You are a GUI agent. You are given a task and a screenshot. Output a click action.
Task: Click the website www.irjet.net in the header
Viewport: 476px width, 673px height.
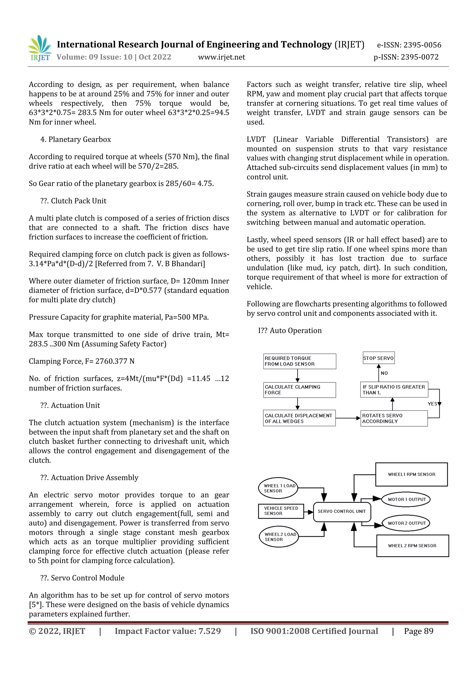221,57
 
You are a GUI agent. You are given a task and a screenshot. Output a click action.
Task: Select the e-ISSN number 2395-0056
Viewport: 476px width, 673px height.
422,45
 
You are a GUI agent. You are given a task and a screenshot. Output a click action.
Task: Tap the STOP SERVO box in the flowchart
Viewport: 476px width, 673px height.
378,358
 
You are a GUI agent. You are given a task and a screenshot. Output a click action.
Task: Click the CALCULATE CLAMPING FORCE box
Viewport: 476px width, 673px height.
299,390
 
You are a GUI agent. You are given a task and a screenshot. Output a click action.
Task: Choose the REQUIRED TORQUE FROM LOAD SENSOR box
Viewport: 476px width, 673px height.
299,361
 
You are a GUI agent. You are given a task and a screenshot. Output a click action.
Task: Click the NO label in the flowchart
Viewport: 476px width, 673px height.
384,373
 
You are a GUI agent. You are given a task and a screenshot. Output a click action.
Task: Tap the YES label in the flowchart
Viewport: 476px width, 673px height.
432,404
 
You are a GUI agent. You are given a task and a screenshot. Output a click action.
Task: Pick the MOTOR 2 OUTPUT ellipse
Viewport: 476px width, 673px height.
407,523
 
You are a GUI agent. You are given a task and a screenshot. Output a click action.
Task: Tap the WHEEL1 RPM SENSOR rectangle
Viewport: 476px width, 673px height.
411,474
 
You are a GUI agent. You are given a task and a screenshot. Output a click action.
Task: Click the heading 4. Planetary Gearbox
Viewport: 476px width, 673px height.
76,140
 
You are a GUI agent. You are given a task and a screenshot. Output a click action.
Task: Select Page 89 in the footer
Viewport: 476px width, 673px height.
419,631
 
